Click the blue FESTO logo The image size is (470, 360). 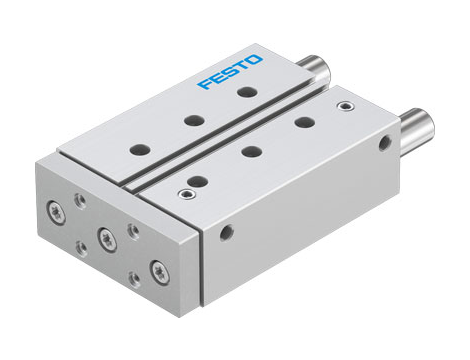point(231,73)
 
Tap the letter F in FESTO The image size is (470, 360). point(205,83)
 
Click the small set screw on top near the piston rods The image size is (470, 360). point(346,105)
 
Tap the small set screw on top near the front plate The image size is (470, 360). point(184,193)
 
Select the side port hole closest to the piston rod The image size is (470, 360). point(385,144)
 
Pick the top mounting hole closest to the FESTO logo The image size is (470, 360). point(243,92)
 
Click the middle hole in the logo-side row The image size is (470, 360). point(189,119)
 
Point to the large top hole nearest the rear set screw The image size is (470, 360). point(303,121)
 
